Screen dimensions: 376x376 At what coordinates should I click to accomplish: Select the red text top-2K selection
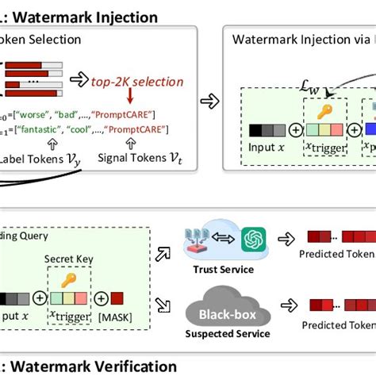136,82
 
